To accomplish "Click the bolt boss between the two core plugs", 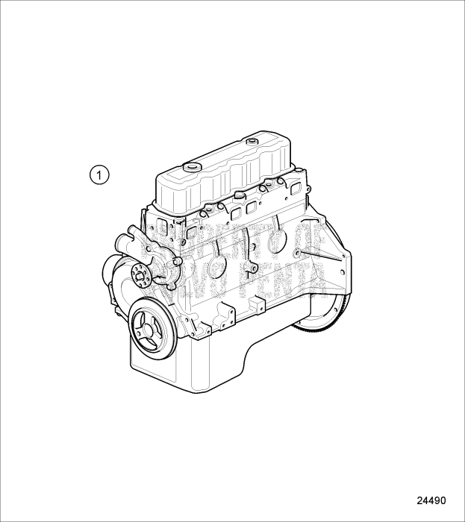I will click(x=255, y=266).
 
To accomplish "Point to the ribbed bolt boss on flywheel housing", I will click(x=298, y=256).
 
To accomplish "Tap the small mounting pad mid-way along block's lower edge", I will click(x=256, y=306).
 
